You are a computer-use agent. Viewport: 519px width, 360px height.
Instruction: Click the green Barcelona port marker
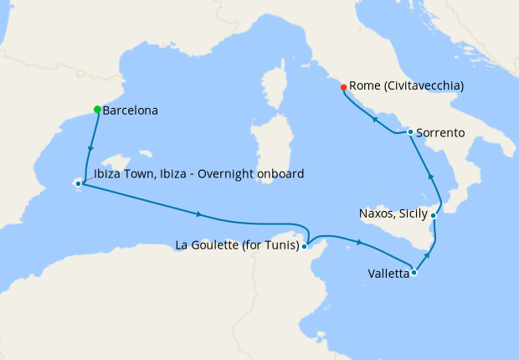click(x=98, y=110)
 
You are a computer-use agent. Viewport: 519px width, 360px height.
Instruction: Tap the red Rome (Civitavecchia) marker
click(x=343, y=87)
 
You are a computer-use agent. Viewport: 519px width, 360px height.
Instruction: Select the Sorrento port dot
click(x=410, y=132)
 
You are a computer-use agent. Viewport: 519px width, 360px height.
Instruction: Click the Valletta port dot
click(x=414, y=272)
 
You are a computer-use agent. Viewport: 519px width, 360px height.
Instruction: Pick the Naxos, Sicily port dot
click(x=434, y=215)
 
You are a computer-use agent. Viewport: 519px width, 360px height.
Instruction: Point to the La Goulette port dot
click(x=306, y=246)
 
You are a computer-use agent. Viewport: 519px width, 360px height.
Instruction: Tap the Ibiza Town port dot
click(x=78, y=183)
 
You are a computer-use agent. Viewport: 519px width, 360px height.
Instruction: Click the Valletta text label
click(x=388, y=273)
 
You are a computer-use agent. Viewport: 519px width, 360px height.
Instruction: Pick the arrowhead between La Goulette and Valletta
click(x=359, y=243)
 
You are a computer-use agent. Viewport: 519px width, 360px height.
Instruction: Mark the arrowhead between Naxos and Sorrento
click(x=431, y=177)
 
